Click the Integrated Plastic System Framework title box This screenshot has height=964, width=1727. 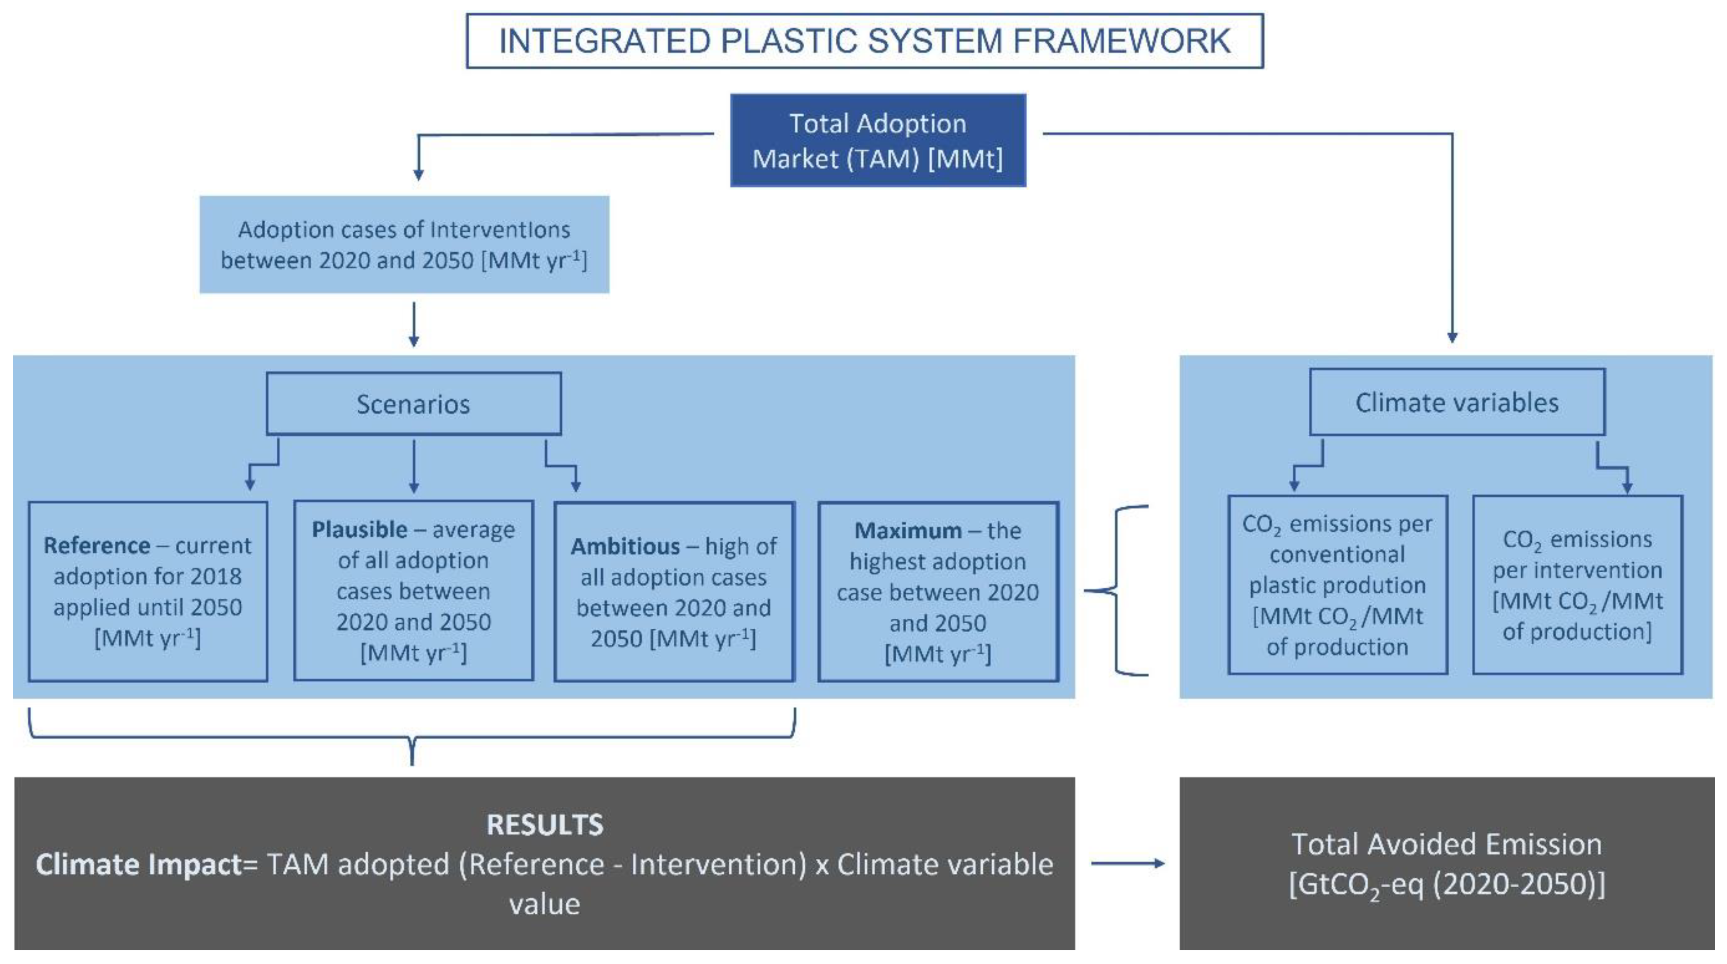pyautogui.click(x=864, y=41)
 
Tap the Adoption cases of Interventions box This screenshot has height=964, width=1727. pyautogui.click(x=404, y=245)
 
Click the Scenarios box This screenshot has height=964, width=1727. pyautogui.click(x=414, y=404)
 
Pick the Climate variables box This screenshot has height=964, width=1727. pyautogui.click(x=1457, y=402)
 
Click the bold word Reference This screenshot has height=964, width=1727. pyautogui.click(x=97, y=546)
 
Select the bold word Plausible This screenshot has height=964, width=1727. pyautogui.click(x=359, y=530)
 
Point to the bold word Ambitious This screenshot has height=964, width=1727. pyautogui.click(x=625, y=547)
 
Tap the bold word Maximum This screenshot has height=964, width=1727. pyautogui.click(x=908, y=531)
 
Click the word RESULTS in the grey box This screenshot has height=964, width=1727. pyautogui.click(x=544, y=825)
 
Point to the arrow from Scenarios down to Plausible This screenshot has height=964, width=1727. pyautogui.click(x=414, y=466)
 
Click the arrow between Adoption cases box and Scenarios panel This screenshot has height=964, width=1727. pyautogui.click(x=414, y=324)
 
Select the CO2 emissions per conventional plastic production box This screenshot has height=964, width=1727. pyautogui.click(x=1338, y=584)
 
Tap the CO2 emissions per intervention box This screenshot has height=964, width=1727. pyautogui.click(x=1577, y=584)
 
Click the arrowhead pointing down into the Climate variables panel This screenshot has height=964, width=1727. pyautogui.click(x=1452, y=337)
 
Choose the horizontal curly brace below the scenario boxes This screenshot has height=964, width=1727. pyautogui.click(x=412, y=738)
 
